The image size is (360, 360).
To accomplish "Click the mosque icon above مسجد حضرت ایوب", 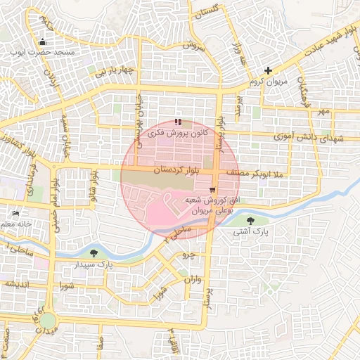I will (x=44, y=41).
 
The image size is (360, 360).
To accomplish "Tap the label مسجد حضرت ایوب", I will (x=43, y=52).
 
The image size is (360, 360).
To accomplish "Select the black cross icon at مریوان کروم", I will (x=268, y=70).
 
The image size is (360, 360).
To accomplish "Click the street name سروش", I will (x=193, y=45).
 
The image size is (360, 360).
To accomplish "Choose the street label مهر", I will (x=323, y=111).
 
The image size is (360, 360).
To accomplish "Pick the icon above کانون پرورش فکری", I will (x=177, y=122).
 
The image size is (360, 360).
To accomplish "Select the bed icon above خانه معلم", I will (x=16, y=213).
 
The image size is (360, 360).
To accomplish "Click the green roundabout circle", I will (x=47, y=320).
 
